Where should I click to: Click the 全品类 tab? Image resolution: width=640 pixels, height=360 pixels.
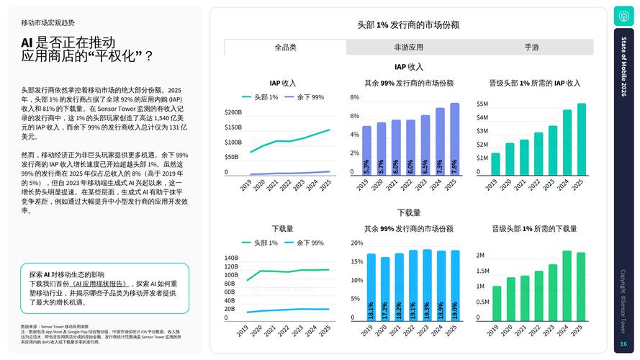(x=285, y=48)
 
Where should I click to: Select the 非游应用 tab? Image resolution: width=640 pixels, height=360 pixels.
(x=408, y=48)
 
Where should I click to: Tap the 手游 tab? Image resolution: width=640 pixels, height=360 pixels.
(x=531, y=48)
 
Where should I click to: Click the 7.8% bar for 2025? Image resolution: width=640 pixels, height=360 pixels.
(x=454, y=139)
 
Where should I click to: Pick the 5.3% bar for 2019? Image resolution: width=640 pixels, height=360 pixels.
(x=366, y=150)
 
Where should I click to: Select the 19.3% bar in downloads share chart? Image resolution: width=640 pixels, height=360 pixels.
(x=427, y=285)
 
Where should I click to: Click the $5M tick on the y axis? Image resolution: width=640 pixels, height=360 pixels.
(x=482, y=104)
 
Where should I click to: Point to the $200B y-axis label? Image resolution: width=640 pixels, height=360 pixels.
(x=233, y=112)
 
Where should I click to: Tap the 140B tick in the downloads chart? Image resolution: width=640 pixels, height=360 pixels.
(x=231, y=258)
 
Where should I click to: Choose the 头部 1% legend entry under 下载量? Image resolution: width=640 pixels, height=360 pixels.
(x=260, y=243)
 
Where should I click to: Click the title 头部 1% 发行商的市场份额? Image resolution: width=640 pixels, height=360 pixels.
(x=408, y=24)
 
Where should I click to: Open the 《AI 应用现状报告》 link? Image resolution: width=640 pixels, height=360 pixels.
(x=100, y=284)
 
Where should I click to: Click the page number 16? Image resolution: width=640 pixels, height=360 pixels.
(x=623, y=344)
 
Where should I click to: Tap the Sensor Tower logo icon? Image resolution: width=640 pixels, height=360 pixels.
(x=623, y=16)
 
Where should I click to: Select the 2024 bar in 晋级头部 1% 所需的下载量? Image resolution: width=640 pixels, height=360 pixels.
(x=567, y=285)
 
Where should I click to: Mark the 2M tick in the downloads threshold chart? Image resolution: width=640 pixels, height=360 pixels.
(x=480, y=256)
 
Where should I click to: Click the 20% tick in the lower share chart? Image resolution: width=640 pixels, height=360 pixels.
(x=356, y=243)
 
